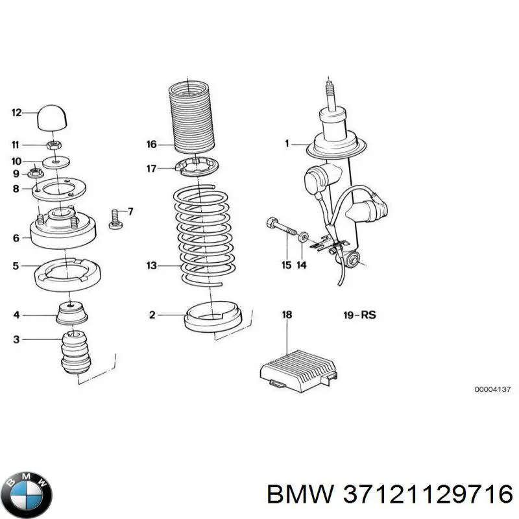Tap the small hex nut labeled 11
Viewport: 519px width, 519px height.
(x=53, y=145)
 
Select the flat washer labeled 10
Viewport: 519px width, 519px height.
(x=56, y=162)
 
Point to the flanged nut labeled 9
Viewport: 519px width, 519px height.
(x=35, y=173)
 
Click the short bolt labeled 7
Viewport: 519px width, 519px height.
(x=115, y=219)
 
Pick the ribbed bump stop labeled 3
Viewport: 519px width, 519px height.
(x=76, y=352)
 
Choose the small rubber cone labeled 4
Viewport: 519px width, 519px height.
(x=72, y=312)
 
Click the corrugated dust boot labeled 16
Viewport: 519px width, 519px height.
(x=191, y=117)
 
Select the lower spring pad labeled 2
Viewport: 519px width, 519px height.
(x=213, y=317)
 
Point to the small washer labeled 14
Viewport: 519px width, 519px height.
(x=303, y=237)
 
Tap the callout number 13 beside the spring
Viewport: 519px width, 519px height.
(x=152, y=265)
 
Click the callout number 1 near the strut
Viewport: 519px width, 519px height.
(x=287, y=143)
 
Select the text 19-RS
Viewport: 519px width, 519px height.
(x=359, y=315)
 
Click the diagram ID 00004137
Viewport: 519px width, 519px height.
(x=492, y=390)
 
